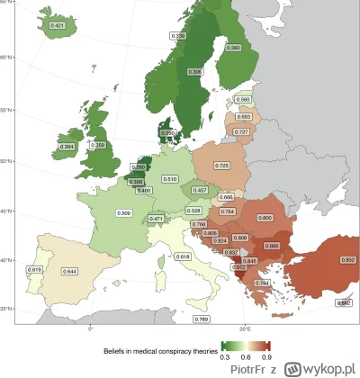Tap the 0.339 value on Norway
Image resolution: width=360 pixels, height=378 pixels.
tap(178, 36)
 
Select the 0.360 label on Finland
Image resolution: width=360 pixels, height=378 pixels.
tap(234, 47)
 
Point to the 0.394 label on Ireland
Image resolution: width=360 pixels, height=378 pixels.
tap(66, 146)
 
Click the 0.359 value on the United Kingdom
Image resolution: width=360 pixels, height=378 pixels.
tap(99, 146)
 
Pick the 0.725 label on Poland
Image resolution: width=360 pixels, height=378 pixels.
tap(222, 166)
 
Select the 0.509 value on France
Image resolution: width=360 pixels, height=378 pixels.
tap(124, 213)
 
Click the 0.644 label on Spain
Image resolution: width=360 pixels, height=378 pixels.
tap(68, 271)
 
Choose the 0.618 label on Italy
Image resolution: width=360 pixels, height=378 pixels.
tap(183, 257)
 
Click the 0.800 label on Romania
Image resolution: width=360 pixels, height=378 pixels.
tap(265, 218)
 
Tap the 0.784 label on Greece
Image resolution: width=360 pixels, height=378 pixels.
tap(235, 283)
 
